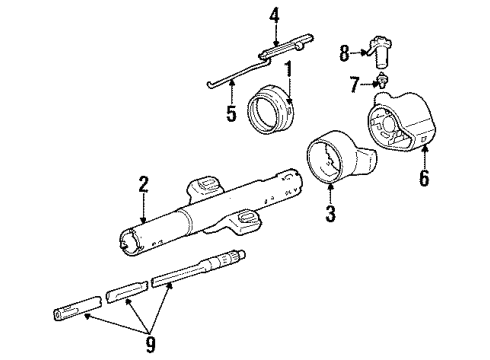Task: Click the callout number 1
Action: [289, 72]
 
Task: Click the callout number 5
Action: [232, 114]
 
